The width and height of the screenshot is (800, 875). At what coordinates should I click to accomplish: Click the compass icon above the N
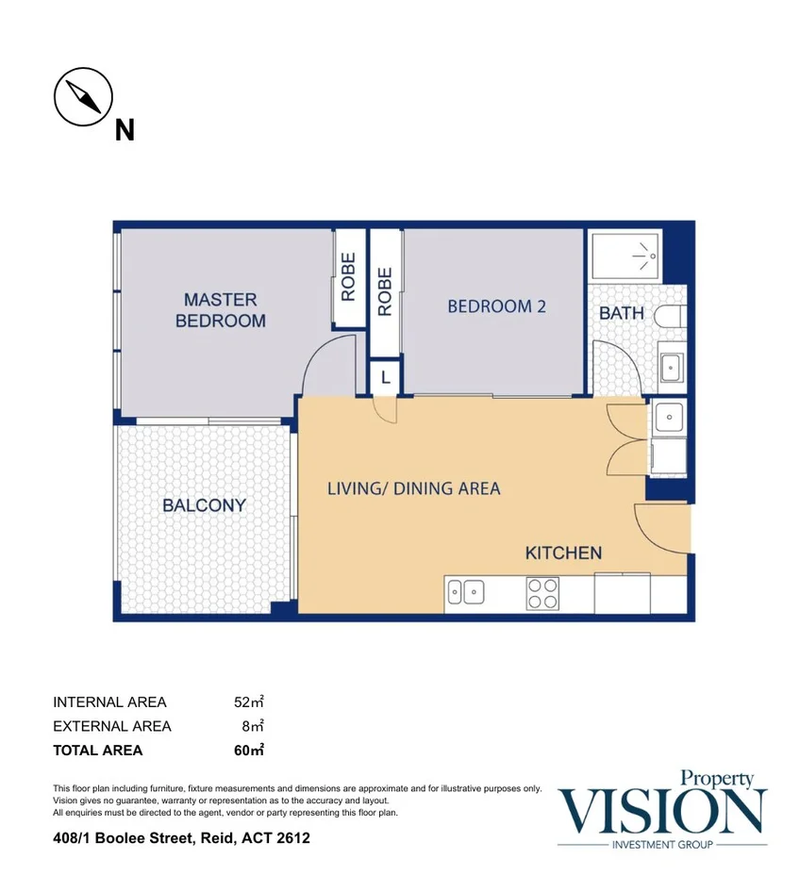pyautogui.click(x=83, y=98)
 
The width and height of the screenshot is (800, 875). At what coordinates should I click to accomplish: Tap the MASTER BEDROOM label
pyautogui.click(x=221, y=310)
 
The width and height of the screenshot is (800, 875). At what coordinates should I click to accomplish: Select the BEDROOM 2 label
pyautogui.click(x=496, y=306)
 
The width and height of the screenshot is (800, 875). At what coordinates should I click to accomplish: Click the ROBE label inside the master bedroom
pyautogui.click(x=348, y=276)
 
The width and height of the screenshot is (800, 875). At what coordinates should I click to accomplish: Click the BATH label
pyautogui.click(x=622, y=312)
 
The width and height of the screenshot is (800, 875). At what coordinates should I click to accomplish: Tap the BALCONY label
pyautogui.click(x=204, y=505)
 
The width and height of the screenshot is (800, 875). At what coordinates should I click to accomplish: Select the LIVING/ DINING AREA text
pyautogui.click(x=413, y=488)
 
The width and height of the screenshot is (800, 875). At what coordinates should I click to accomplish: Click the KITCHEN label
pyautogui.click(x=563, y=553)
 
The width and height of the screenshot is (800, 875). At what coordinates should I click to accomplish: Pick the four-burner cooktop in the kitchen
pyautogui.click(x=542, y=593)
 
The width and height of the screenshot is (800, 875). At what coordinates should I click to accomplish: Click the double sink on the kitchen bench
pyautogui.click(x=465, y=593)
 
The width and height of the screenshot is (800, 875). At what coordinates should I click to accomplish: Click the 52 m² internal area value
pyautogui.click(x=248, y=702)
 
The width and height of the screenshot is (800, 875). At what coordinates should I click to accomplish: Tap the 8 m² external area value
pyautogui.click(x=253, y=726)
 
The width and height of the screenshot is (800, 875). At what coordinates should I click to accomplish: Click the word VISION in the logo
pyautogui.click(x=662, y=809)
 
